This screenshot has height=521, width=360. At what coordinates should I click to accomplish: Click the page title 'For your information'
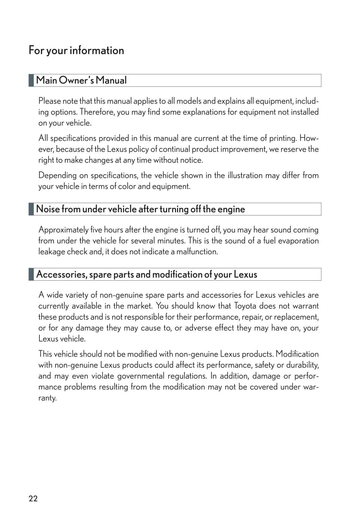[x=76, y=50]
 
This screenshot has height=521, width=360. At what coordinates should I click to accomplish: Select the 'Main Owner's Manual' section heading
[x=81, y=80]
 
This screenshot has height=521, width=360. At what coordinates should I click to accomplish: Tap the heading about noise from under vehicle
[x=141, y=209]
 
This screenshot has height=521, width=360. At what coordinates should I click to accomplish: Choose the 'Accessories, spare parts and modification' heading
[x=147, y=274]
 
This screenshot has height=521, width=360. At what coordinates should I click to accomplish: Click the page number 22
[x=33, y=498]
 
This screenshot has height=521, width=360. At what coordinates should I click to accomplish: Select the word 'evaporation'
[x=299, y=241]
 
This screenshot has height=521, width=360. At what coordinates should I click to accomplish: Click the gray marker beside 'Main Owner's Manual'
[x=31, y=80]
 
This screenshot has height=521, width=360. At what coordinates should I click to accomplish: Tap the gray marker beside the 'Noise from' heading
[x=31, y=209]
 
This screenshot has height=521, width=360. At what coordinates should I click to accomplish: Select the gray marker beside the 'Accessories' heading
[x=31, y=274]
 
